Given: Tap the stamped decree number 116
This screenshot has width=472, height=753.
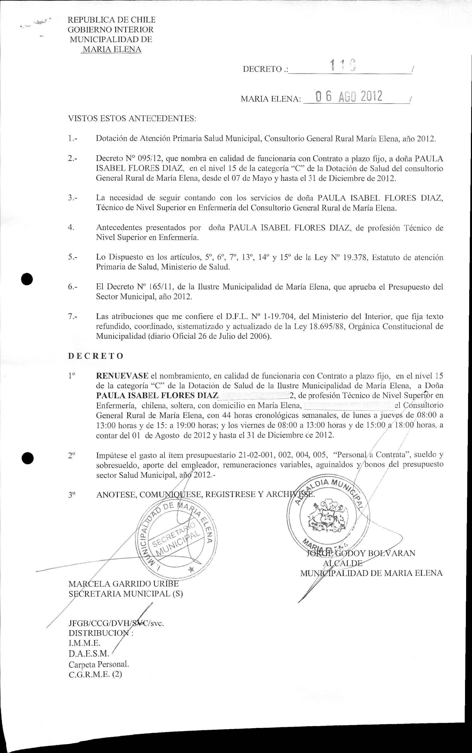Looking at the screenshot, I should (x=343, y=66).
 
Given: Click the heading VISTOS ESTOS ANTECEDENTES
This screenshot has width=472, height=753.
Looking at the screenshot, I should (x=132, y=119).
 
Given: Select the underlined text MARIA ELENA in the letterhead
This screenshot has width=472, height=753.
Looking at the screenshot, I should (x=111, y=49).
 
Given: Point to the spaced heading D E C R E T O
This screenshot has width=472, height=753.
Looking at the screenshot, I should (x=96, y=356).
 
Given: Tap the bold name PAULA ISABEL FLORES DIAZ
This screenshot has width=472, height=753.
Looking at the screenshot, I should (x=157, y=396).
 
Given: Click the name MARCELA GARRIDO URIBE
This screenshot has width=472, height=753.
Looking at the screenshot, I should (x=124, y=584).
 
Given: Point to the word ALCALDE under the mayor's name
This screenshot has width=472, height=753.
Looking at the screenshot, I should (x=343, y=563).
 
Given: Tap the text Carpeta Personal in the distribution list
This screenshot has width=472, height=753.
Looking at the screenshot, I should (x=99, y=664).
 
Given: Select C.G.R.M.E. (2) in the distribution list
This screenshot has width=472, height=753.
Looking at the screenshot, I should (x=95, y=674).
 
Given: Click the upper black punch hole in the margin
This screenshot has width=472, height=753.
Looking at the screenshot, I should (x=27, y=279).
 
